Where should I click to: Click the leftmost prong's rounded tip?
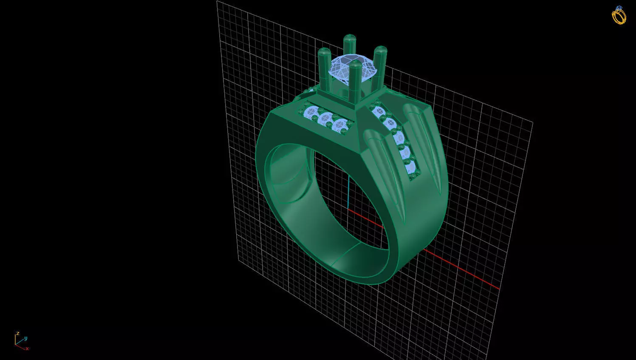coord(324,52)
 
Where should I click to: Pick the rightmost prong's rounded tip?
coord(380,50)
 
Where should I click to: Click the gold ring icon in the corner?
coord(619,15)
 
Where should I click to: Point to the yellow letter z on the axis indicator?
coord(17,334)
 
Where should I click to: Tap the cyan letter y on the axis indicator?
coord(25,338)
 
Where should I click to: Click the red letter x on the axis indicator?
coord(27,349)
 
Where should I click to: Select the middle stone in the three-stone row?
coord(326,119)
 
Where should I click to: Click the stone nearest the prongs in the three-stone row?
coord(340,125)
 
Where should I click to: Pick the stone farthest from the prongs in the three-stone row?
coord(312,113)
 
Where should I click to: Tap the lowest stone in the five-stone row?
coord(411,166)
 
